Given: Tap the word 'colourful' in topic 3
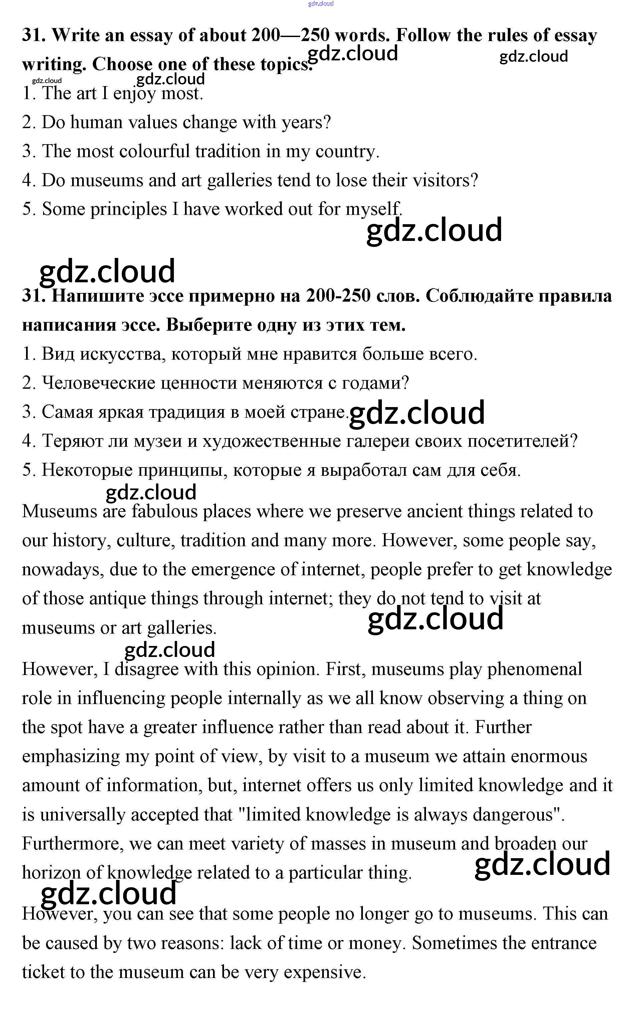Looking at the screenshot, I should [x=155, y=151].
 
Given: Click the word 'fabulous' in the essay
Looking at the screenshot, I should [x=164, y=512].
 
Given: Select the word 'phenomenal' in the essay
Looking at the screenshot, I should [x=534, y=669].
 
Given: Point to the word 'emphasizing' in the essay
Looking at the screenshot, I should [x=71, y=756].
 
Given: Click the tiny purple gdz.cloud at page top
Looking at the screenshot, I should [x=320, y=4].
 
